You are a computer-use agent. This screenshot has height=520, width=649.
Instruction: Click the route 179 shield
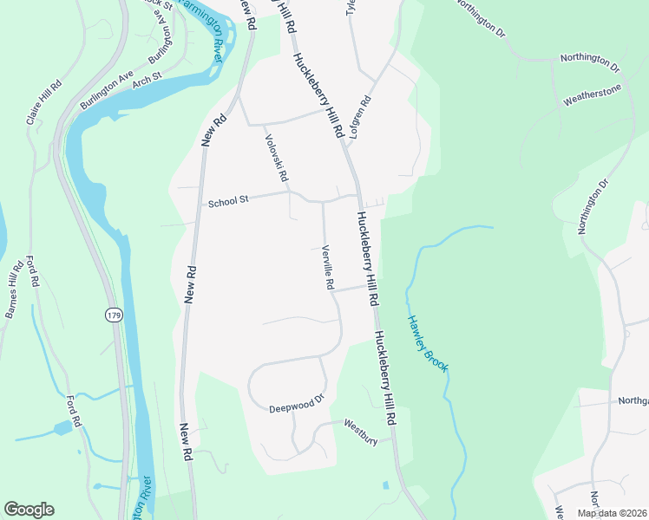pyautogui.click(x=115, y=315)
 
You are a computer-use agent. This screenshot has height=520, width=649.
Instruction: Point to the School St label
pyautogui.click(x=228, y=200)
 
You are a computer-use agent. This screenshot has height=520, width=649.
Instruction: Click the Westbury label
pyautogui.click(x=361, y=431)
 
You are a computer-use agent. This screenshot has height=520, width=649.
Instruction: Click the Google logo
pyautogui.click(x=29, y=510)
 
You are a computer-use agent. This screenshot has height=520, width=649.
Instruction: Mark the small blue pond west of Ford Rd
pyautogui.click(x=62, y=428)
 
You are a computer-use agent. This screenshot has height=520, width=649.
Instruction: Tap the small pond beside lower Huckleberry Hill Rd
pyautogui.click(x=384, y=485)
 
